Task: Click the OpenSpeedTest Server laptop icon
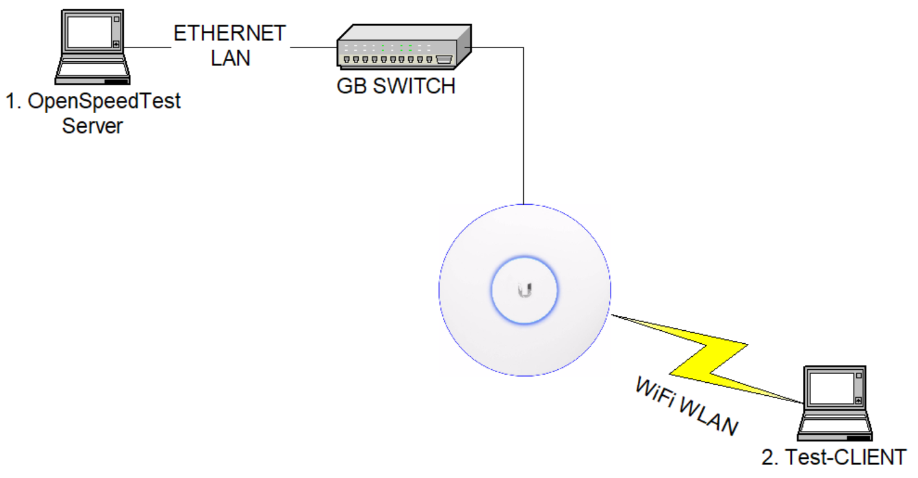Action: click(x=92, y=48)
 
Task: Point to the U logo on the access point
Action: click(x=525, y=289)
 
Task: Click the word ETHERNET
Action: click(x=229, y=33)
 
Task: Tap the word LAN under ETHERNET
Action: click(x=230, y=58)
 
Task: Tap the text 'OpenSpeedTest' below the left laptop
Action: click(x=105, y=101)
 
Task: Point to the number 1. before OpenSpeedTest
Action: click(x=14, y=101)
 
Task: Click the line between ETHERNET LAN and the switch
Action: click(x=313, y=47)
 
